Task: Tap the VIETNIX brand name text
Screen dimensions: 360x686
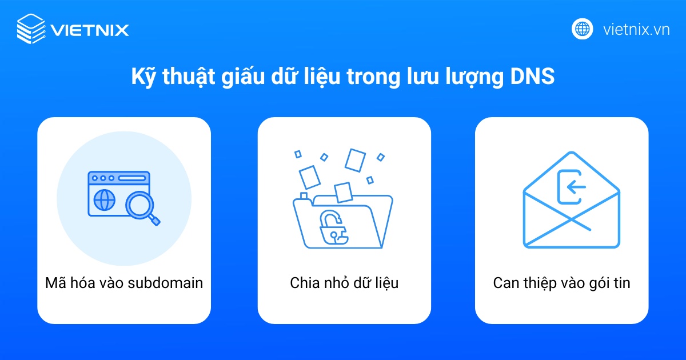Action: point(89,29)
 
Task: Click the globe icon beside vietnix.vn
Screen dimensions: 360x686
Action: point(583,29)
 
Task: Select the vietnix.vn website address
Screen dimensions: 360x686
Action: point(636,29)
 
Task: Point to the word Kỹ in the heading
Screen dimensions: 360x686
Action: point(142,77)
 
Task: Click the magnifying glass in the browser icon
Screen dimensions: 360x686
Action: point(141,206)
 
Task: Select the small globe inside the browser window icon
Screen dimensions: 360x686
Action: point(104,201)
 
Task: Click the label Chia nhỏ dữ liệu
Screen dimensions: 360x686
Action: point(344,283)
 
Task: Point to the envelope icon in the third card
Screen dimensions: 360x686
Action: point(571,200)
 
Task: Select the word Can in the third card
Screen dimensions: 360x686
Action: point(505,283)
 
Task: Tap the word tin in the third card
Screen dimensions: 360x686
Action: point(621,283)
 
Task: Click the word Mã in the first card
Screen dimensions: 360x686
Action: point(55,283)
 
